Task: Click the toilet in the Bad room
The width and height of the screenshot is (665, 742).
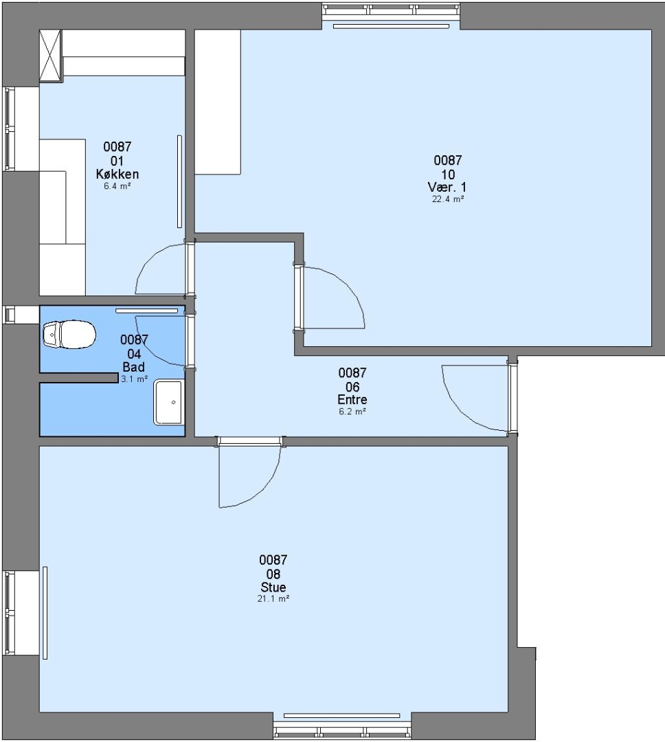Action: (x=69, y=334)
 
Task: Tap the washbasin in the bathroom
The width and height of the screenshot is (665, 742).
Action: (x=168, y=402)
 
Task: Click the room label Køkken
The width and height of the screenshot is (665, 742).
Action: (x=117, y=174)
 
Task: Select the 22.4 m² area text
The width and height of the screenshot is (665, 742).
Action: (x=448, y=199)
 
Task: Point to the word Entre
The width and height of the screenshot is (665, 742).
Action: (x=352, y=399)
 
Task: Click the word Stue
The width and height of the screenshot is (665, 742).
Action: (x=273, y=587)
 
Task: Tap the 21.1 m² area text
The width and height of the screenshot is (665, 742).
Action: (x=273, y=598)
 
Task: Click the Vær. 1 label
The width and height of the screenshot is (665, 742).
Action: (x=447, y=187)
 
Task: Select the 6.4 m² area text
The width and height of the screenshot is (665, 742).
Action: (x=117, y=186)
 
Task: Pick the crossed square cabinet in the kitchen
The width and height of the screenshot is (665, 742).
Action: (x=51, y=56)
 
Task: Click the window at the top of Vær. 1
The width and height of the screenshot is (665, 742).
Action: (x=391, y=10)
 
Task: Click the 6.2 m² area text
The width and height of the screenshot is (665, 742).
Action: (x=352, y=412)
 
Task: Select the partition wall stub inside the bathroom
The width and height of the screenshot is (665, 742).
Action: (x=78, y=378)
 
